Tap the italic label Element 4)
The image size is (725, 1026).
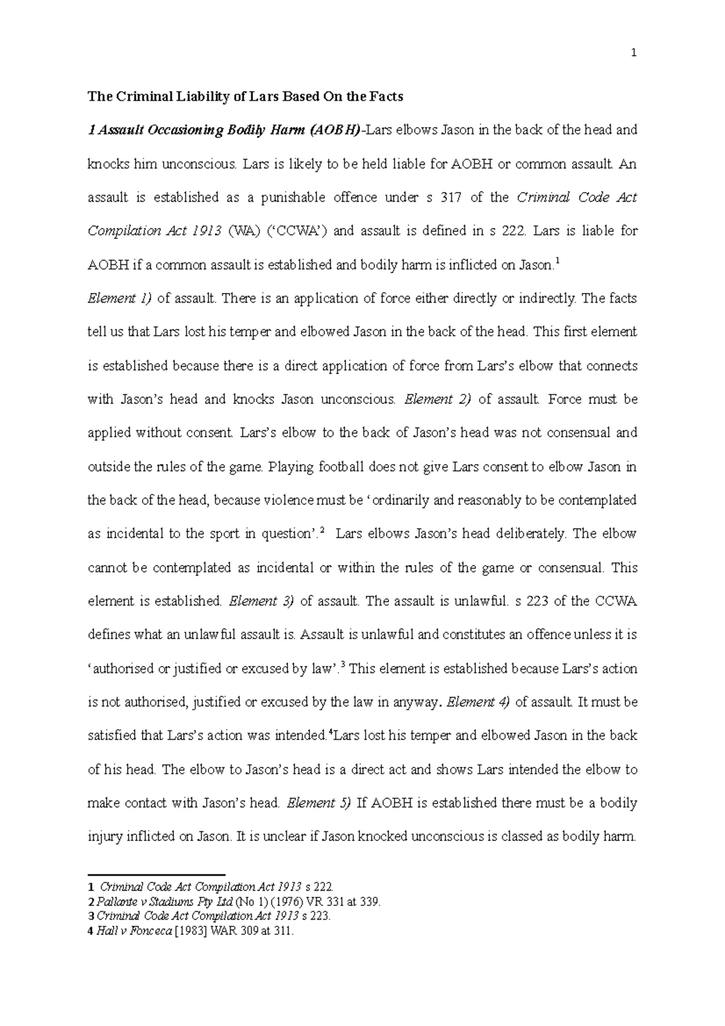(x=479, y=702)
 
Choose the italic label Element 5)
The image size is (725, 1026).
(x=319, y=803)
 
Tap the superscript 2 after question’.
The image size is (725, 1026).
(x=321, y=530)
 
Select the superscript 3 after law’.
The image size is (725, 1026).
(x=343, y=665)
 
